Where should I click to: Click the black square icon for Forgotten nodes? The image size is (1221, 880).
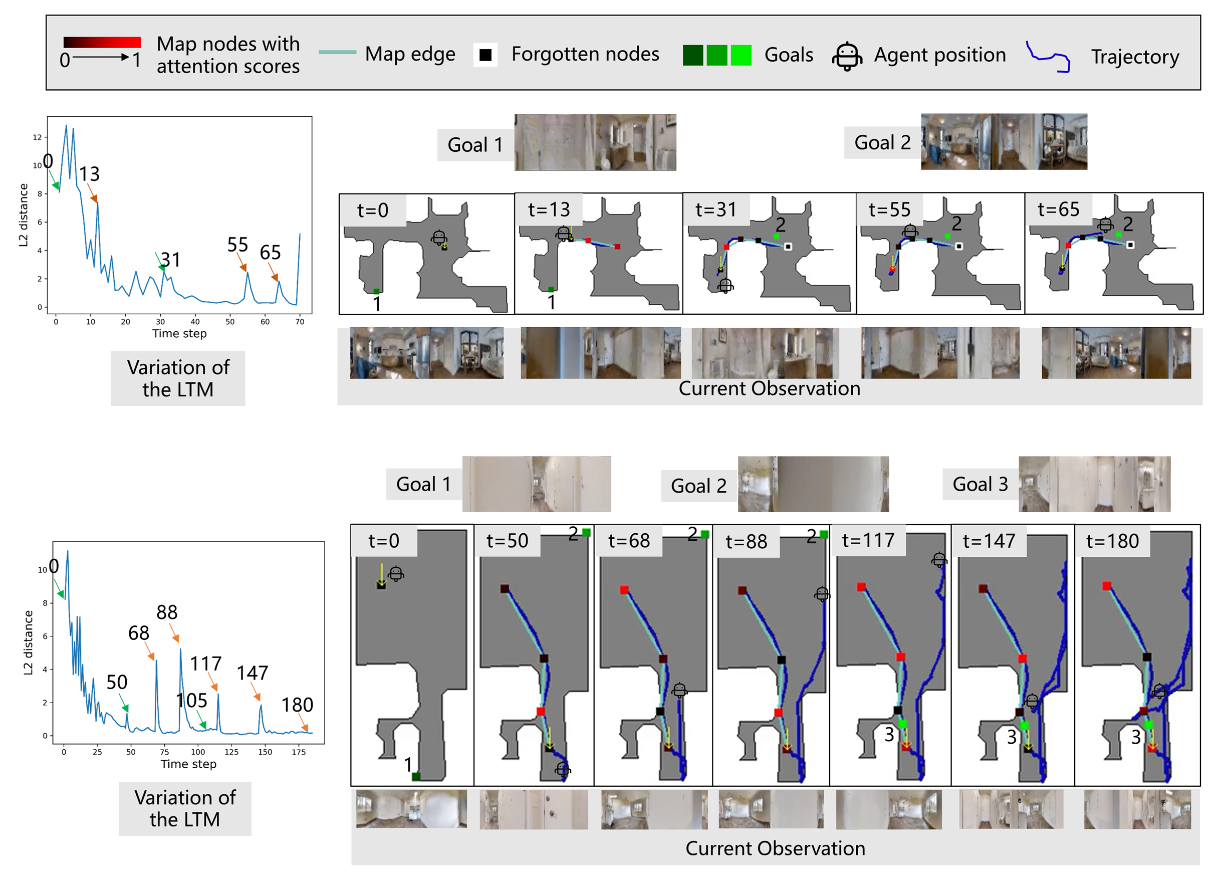pos(485,55)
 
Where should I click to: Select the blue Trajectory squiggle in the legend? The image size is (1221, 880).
pos(1048,57)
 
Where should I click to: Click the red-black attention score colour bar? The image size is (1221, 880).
pos(102,42)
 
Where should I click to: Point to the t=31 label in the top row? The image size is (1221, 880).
pos(715,209)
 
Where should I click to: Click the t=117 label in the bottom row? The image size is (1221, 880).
pos(868,540)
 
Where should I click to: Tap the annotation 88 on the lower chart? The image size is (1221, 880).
pos(167,612)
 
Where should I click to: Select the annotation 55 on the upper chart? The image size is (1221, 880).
pos(237,245)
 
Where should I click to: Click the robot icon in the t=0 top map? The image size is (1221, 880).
pos(439,237)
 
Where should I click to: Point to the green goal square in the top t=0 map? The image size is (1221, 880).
pos(376,291)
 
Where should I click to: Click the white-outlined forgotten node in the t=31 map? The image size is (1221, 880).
pos(788,247)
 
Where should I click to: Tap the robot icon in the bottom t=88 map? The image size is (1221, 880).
pos(822,594)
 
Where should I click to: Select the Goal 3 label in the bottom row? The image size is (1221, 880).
pos(980,484)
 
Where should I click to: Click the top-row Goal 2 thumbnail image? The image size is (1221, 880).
pos(1004,142)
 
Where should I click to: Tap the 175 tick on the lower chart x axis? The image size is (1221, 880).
pos(298,752)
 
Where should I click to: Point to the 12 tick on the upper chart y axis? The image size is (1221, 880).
pos(37,137)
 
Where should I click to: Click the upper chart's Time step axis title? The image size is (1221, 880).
pos(179,333)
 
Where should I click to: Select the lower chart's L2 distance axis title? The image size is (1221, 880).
pos(28,642)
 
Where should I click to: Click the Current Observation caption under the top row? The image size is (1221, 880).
pos(769,388)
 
